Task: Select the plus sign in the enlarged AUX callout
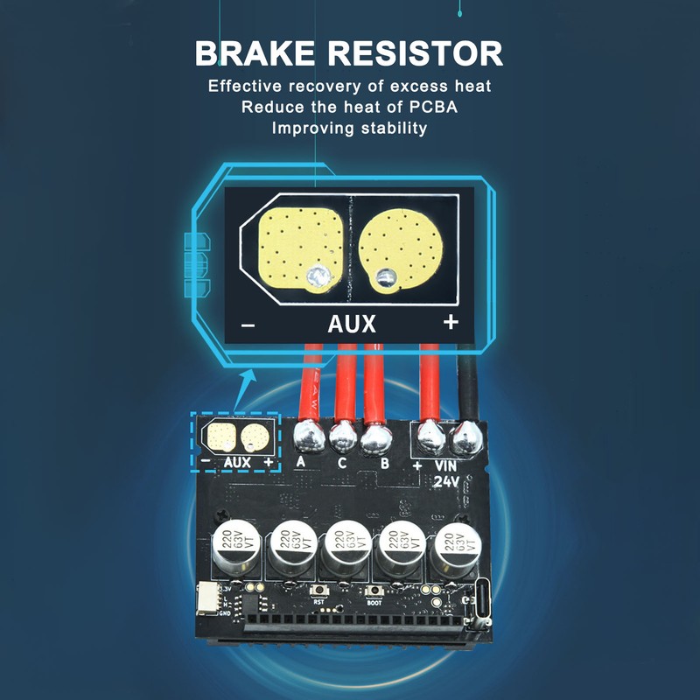451,322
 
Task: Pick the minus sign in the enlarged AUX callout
248,325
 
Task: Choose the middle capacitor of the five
344,549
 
